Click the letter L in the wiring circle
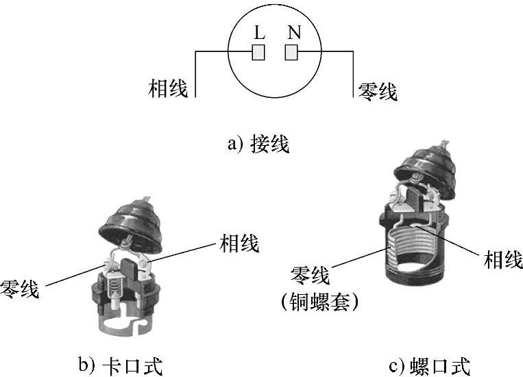[260, 32]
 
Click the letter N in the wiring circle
[294, 32]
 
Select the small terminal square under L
[258, 52]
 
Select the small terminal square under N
[291, 52]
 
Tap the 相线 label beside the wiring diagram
[168, 88]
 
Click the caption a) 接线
[258, 144]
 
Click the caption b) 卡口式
[121, 366]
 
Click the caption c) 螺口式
[430, 366]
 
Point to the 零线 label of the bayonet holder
[19, 289]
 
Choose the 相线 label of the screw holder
[503, 259]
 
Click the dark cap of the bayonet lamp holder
[131, 226]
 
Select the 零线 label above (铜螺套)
[310, 275]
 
